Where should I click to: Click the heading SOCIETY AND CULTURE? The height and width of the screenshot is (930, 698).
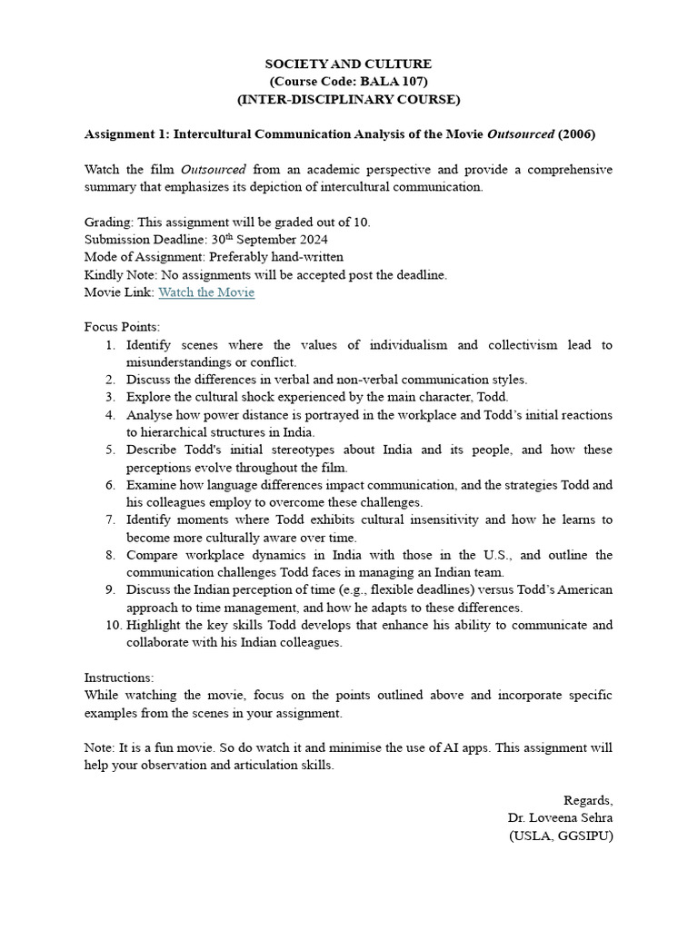348,64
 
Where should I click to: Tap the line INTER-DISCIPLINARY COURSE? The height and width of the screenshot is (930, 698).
348,99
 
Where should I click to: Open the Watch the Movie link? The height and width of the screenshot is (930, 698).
206,292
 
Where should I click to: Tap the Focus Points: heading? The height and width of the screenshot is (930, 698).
122,327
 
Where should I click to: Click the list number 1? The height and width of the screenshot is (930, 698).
109,345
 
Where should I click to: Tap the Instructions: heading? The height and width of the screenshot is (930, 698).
119,678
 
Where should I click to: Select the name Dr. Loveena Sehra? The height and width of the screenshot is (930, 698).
560,817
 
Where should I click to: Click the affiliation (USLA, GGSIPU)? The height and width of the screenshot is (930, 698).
560,836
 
